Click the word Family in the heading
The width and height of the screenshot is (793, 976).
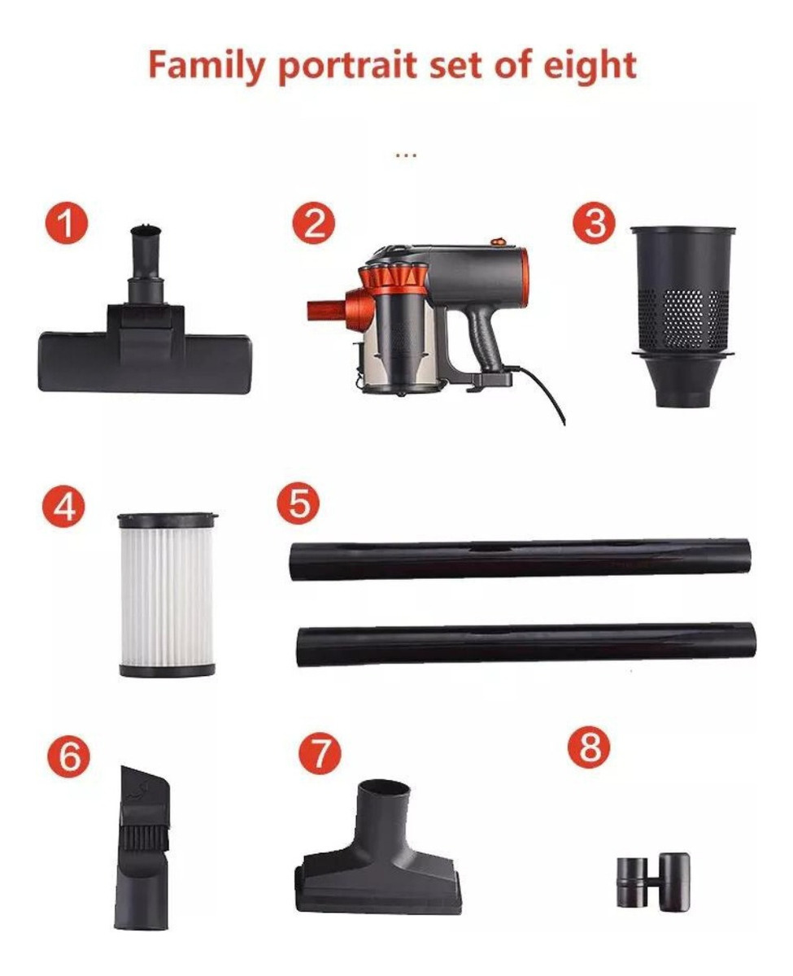pos(207,67)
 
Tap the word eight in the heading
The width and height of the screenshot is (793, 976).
pos(590,67)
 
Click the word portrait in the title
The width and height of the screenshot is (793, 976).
pos(346,68)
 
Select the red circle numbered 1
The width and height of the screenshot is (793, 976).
pos(67,223)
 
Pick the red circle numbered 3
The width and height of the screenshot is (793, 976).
pos(595,223)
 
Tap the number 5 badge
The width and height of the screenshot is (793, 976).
pos(298,503)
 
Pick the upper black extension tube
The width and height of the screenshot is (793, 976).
pos(520,560)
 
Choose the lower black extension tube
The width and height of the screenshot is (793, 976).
pos(526,644)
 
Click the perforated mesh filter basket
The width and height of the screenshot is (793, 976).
pos(682,316)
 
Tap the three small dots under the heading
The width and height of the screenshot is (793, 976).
pos(406,156)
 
